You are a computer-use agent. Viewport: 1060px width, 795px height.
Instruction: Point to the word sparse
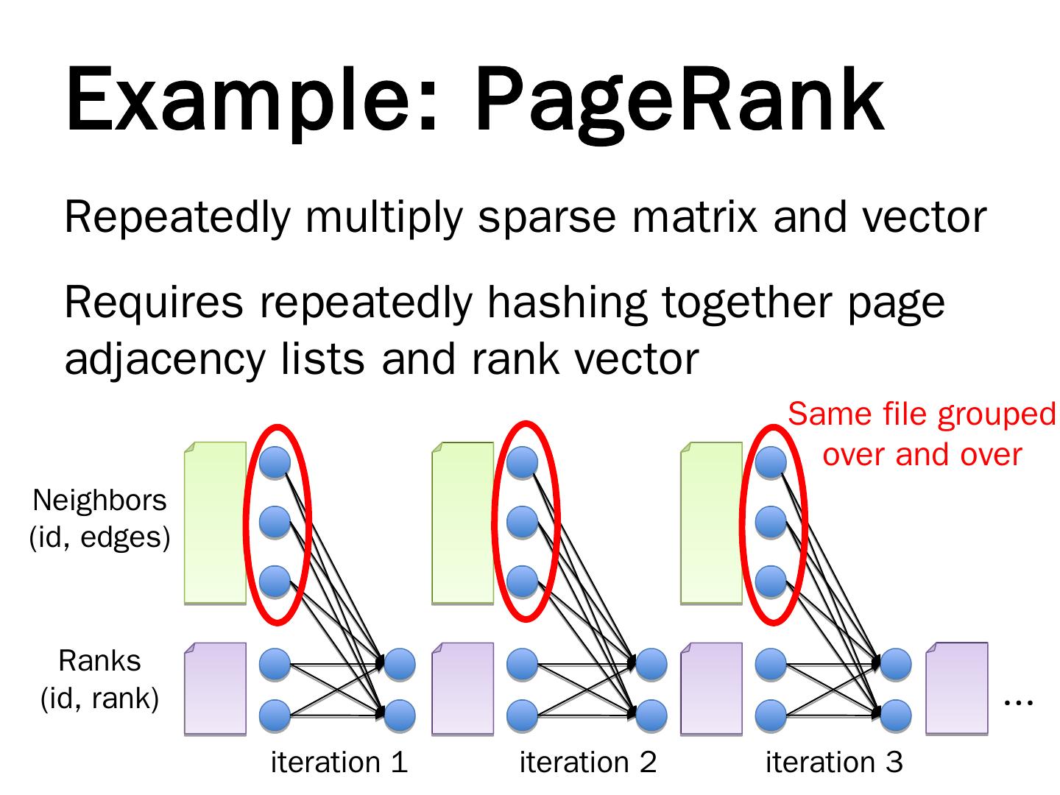pyautogui.click(x=547, y=218)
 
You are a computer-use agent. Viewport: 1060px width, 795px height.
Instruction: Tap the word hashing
pyautogui.click(x=567, y=303)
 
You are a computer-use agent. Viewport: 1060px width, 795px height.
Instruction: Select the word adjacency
pyautogui.click(x=165, y=361)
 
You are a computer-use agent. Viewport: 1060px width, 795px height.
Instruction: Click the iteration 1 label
pyautogui.click(x=339, y=762)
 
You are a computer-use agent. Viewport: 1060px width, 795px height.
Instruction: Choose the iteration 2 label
pyautogui.click(x=587, y=762)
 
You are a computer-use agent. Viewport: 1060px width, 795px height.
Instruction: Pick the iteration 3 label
pyautogui.click(x=834, y=762)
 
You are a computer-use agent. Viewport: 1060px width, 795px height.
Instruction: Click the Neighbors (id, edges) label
pyautogui.click(x=99, y=518)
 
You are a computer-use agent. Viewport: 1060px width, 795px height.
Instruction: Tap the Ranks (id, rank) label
pyautogui.click(x=99, y=679)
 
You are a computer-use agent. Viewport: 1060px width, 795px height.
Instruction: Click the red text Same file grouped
pyautogui.click(x=922, y=414)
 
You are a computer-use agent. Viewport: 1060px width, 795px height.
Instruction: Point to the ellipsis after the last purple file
pyautogui.click(x=1018, y=703)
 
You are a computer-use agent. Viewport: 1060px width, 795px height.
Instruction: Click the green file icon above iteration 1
pyautogui.click(x=216, y=523)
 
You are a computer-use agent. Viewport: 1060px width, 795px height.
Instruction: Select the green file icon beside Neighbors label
pyautogui.click(x=216, y=523)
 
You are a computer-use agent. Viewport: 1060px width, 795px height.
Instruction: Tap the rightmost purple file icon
pyautogui.click(x=957, y=689)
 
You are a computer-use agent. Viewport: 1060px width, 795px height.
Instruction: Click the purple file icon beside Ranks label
pyautogui.click(x=216, y=689)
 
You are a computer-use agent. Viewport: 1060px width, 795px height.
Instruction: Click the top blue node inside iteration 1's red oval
pyautogui.click(x=275, y=462)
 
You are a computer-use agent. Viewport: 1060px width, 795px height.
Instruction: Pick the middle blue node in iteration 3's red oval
pyautogui.click(x=771, y=523)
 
